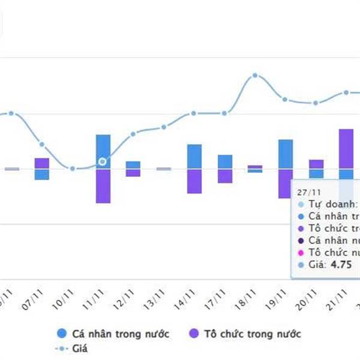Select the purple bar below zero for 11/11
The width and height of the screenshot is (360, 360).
pos(103,186)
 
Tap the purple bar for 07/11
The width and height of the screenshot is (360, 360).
pos(41,163)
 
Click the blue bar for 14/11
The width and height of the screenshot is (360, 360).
pos(194,157)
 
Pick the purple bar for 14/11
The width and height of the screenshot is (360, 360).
pos(194,181)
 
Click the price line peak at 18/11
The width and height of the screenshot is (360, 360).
pos(255,76)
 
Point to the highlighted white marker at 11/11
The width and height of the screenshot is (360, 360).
pos(103,161)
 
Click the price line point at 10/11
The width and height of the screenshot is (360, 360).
pos(72,169)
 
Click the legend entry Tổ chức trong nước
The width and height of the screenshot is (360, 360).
pos(244,334)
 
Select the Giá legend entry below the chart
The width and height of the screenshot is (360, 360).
pos(73,347)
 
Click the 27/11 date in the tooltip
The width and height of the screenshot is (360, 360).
pos(305,192)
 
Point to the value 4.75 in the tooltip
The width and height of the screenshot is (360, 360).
pos(340,265)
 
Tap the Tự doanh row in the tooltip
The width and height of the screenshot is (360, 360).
pos(327,204)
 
